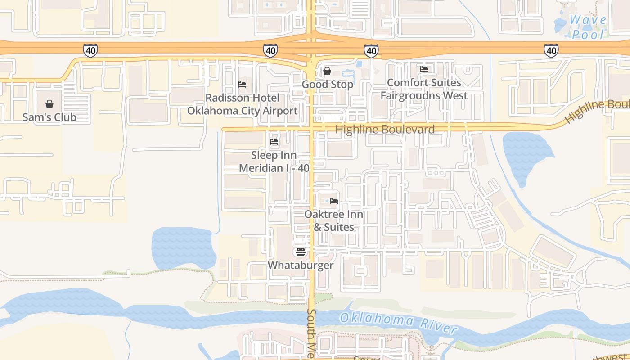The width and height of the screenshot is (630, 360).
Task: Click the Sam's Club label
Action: pos(49,117)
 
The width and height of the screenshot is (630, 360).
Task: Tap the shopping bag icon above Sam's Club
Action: pos(49,104)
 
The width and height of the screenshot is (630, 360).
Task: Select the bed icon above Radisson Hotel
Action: pos(242,85)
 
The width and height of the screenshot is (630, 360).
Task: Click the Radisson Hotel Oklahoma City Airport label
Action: pos(242,104)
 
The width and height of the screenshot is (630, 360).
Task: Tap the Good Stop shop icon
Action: pos(327,71)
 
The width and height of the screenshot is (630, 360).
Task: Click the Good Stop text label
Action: pos(327,85)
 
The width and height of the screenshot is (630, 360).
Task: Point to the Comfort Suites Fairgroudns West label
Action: pos(424,89)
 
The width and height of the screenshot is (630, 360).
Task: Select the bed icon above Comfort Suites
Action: pos(424,69)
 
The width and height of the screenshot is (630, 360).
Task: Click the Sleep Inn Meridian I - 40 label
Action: pos(274,162)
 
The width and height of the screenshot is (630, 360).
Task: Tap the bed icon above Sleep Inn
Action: pos(274,142)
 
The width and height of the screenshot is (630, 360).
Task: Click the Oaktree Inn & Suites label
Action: pos(333,220)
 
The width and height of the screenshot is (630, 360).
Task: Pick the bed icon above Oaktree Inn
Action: pos(333,201)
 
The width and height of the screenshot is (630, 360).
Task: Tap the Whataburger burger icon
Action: pos(301,252)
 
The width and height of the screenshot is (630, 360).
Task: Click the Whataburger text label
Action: pos(301,265)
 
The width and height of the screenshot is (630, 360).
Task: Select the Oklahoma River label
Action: pos(398,323)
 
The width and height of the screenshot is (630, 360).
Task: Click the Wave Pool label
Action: pos(588,27)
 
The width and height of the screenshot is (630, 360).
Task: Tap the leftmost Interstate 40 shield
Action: pos(90,50)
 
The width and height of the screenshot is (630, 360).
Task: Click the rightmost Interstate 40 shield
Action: pos(551,50)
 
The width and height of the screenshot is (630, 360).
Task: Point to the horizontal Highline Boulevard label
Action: pos(385,130)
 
